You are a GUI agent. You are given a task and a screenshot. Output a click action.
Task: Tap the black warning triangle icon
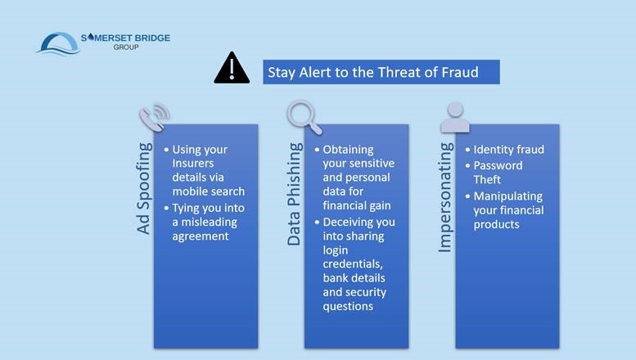click(x=232, y=69)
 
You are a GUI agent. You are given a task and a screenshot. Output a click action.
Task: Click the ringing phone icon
click(x=154, y=116)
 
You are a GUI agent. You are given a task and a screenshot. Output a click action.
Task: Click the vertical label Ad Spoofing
click(x=144, y=189)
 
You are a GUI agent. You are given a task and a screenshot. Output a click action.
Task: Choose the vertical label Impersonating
click(x=447, y=197)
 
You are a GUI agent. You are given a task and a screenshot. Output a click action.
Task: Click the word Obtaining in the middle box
click(x=349, y=150)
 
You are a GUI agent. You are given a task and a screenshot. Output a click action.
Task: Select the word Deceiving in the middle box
click(x=348, y=221)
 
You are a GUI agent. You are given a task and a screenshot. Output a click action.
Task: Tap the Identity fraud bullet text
click(x=509, y=150)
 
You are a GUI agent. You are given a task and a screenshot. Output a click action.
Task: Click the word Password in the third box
click(x=498, y=164)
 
